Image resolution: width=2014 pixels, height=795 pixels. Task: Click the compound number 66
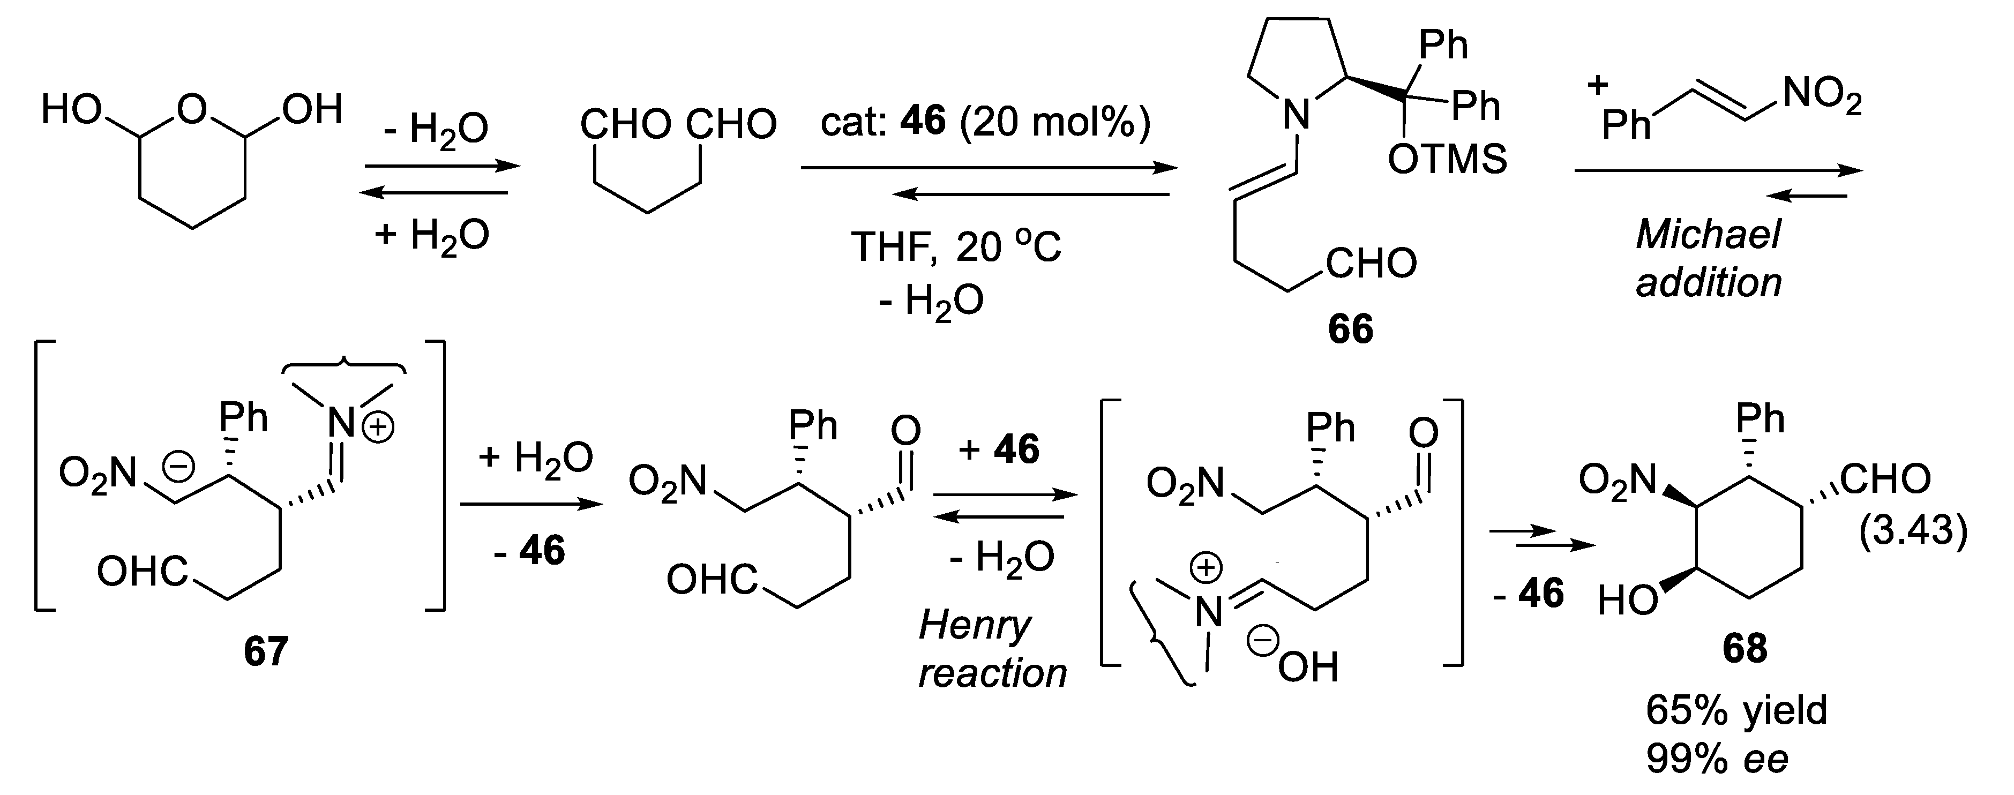click(x=1350, y=329)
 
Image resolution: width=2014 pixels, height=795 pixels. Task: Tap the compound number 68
click(x=1745, y=648)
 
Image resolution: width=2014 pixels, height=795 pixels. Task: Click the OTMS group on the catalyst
click(x=1447, y=160)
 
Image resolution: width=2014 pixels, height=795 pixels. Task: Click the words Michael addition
click(x=1708, y=258)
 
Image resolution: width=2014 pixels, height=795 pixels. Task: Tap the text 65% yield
click(x=1736, y=710)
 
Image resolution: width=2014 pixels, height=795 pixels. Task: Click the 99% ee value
click(x=1717, y=757)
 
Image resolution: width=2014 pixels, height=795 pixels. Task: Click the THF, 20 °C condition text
click(x=955, y=247)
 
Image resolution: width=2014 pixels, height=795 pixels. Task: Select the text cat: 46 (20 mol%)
click(x=985, y=123)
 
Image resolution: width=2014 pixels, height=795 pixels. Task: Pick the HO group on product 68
click(x=1628, y=601)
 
